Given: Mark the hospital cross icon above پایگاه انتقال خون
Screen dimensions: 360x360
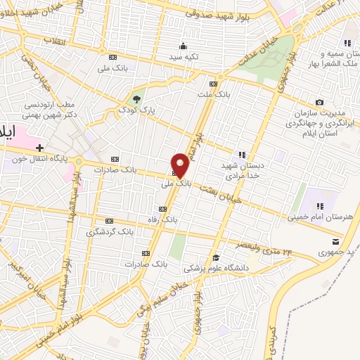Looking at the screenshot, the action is (39, 148).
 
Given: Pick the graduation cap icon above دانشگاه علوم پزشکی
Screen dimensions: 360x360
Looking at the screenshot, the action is (217, 257).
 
